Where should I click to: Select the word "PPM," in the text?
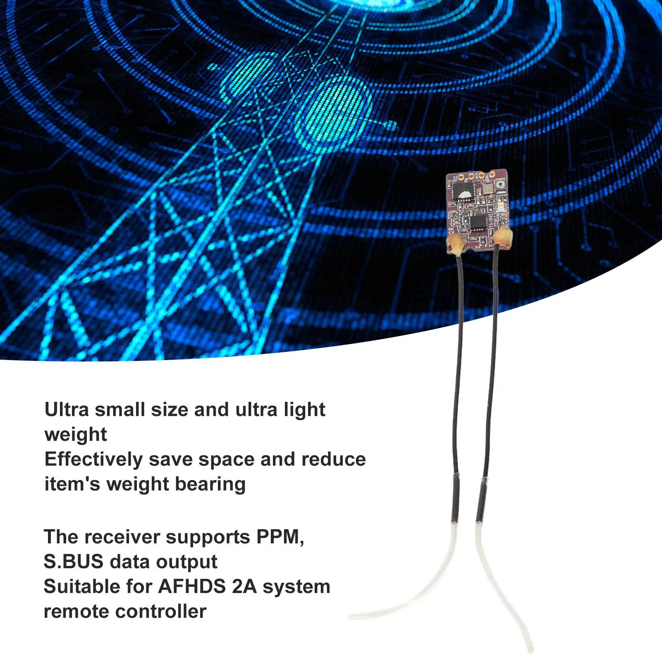tap(280, 537)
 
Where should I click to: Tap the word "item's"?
tap(72, 484)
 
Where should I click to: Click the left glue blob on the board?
tap(455, 246)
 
